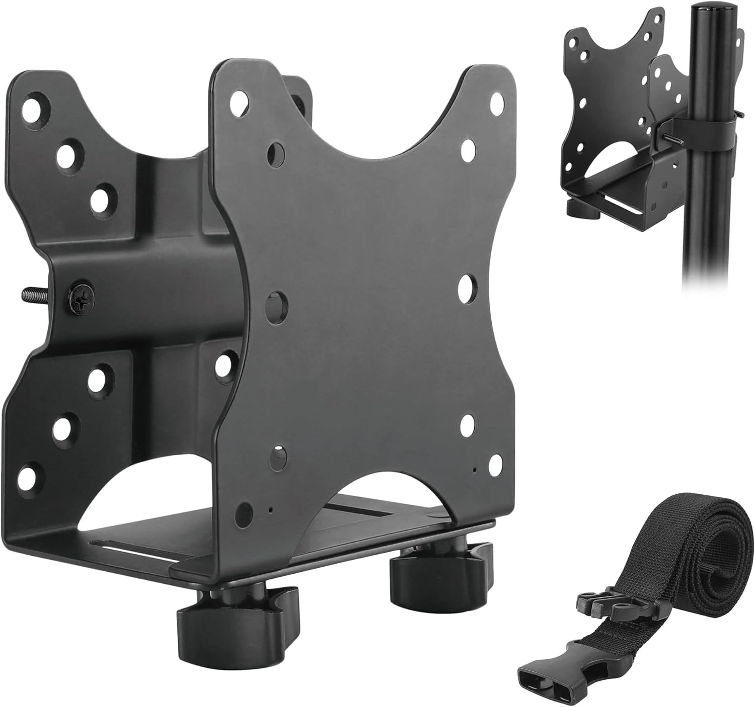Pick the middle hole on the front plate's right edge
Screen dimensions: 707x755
pyautogui.click(x=468, y=285)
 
